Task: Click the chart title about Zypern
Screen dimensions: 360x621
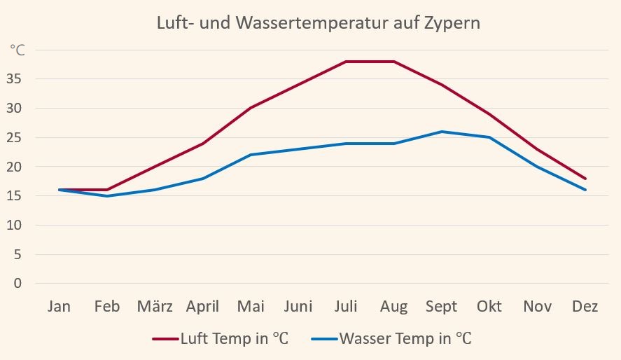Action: point(318,22)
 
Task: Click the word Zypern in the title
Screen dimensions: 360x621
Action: point(452,23)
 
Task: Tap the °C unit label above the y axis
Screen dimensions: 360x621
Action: point(18,50)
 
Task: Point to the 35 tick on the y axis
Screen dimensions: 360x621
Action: point(15,79)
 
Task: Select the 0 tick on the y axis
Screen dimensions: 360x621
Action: point(18,284)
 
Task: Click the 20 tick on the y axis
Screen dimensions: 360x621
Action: point(15,167)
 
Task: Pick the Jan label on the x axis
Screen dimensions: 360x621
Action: point(60,307)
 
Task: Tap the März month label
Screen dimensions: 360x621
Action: point(155,307)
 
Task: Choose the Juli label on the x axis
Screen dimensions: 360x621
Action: point(346,307)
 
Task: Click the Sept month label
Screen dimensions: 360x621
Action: point(441,307)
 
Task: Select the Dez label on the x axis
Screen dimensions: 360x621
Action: point(585,307)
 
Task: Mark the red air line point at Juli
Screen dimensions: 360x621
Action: point(346,62)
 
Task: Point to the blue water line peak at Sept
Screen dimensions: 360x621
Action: point(442,132)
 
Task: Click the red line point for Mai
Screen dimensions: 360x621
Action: point(251,108)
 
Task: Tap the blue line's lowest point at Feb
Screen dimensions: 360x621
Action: point(107,196)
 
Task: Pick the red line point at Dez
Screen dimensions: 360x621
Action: point(585,179)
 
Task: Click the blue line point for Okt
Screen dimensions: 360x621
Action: point(489,137)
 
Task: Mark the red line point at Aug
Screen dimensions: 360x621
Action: point(394,62)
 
